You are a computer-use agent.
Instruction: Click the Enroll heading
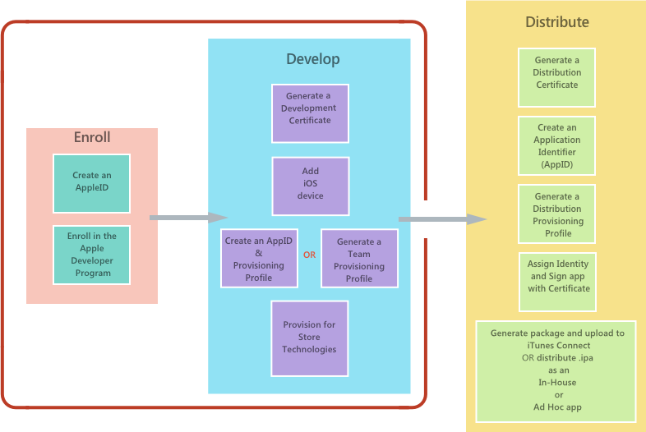coord(92,137)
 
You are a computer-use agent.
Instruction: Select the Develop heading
coord(312,59)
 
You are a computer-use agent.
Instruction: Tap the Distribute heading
coord(557,22)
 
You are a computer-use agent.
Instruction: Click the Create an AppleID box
coord(91,182)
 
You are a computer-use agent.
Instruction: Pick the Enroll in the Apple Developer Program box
coord(91,255)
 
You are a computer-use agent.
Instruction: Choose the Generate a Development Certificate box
coord(310,113)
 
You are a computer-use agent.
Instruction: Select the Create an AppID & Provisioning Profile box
coord(259,258)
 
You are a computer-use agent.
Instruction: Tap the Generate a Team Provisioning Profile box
coord(359,258)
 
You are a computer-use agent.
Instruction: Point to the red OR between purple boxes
coord(309,255)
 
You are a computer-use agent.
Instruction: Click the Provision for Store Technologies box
coord(310,338)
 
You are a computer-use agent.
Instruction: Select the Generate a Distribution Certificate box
coord(556,77)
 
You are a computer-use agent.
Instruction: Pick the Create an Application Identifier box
coord(556,145)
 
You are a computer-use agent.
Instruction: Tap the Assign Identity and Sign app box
coord(558,282)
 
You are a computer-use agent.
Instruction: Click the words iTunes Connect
coord(556,346)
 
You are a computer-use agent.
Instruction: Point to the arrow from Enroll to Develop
coord(187,218)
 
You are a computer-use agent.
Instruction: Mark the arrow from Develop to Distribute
coord(442,219)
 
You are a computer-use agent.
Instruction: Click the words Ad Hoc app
coord(556,407)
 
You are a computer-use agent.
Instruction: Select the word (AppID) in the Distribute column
coord(557,164)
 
